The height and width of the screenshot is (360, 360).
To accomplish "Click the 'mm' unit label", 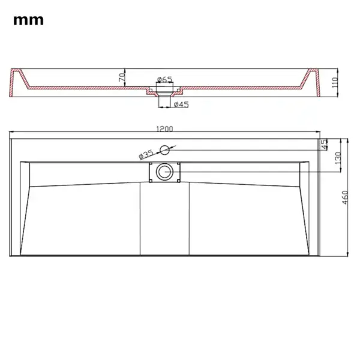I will click(29, 20).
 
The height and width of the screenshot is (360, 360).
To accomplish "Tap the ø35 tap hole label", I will click(147, 154).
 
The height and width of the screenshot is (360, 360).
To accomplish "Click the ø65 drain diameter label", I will click(164, 79).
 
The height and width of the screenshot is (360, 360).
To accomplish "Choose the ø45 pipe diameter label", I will click(181, 105).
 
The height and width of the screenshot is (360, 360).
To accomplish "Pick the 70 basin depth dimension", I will click(121, 77).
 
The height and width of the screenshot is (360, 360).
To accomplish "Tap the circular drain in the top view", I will click(163, 173).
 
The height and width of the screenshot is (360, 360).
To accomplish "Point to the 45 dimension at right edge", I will click(325, 144).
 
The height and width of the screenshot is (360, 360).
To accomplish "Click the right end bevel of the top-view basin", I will click(305, 207).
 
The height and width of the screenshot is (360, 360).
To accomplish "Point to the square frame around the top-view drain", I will click(151, 173).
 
